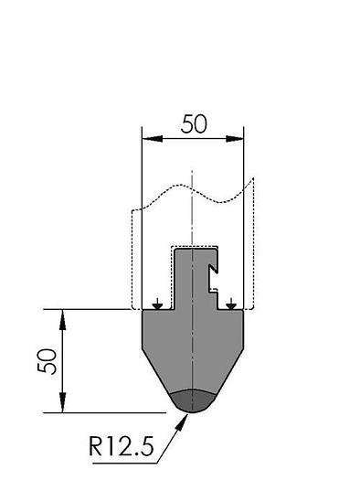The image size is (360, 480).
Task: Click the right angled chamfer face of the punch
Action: pos(228,370)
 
